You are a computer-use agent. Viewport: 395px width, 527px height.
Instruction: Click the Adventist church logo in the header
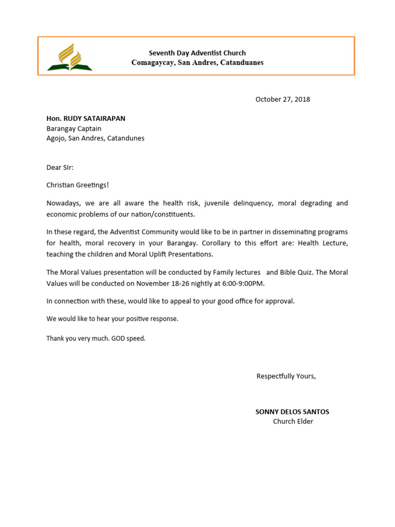pos(69,57)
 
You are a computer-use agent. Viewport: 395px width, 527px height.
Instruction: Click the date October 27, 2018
pos(282,99)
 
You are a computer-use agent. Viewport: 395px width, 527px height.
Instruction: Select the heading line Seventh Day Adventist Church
pos(197,53)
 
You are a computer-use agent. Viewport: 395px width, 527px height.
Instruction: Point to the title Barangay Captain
pos(74,129)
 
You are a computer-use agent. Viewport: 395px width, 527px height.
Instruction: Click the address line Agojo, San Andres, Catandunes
pos(95,138)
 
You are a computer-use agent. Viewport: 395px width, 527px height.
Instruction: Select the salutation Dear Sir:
pos(60,167)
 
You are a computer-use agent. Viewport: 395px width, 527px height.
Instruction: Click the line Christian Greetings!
pos(78,185)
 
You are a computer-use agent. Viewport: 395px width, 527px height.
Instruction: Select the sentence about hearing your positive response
pos(112,319)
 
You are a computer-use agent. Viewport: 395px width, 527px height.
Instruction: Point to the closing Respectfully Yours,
pos(286,376)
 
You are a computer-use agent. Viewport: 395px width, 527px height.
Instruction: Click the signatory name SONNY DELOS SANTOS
pos(292,412)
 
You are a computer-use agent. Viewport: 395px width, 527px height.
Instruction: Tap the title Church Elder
pos(293,421)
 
